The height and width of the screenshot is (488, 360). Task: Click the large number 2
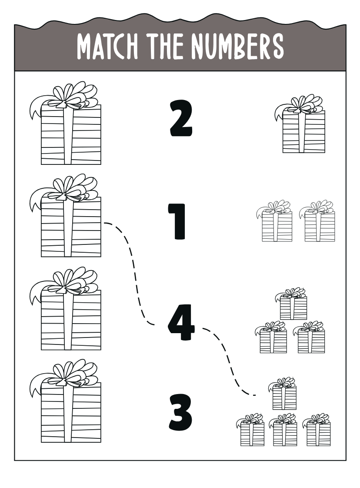[x=181, y=119]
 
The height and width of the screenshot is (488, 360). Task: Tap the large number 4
[x=181, y=322]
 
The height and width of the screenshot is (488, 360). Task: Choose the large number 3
[x=180, y=413]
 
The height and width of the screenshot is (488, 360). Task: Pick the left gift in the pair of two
[x=274, y=221]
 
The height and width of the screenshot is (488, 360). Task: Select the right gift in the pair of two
[x=317, y=221]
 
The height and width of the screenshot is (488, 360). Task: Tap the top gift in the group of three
[x=291, y=304]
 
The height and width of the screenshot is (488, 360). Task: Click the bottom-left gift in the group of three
[x=271, y=338]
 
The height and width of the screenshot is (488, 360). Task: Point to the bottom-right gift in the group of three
[x=309, y=338]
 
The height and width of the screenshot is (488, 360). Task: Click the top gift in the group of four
[x=282, y=394]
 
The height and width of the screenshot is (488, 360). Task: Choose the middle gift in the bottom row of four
[x=283, y=430]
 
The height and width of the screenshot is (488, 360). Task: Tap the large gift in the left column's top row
[x=66, y=123]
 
